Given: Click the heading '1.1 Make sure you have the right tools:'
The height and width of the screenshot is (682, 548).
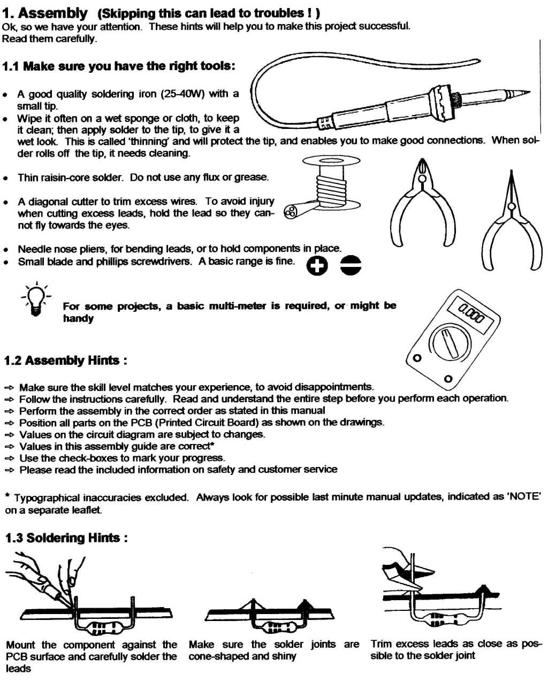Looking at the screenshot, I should point(118,66).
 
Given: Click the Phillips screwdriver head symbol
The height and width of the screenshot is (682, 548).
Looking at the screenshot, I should point(317,265).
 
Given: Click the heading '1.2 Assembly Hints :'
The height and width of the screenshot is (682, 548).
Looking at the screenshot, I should point(65,360).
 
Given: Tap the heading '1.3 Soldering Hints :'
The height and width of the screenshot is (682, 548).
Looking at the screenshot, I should point(66,538).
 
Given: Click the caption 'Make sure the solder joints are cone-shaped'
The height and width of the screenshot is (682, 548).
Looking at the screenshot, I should point(273,650).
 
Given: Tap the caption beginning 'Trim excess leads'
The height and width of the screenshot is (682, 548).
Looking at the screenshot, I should point(455,650).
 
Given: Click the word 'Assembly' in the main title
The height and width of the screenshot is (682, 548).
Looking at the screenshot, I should point(53,13).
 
